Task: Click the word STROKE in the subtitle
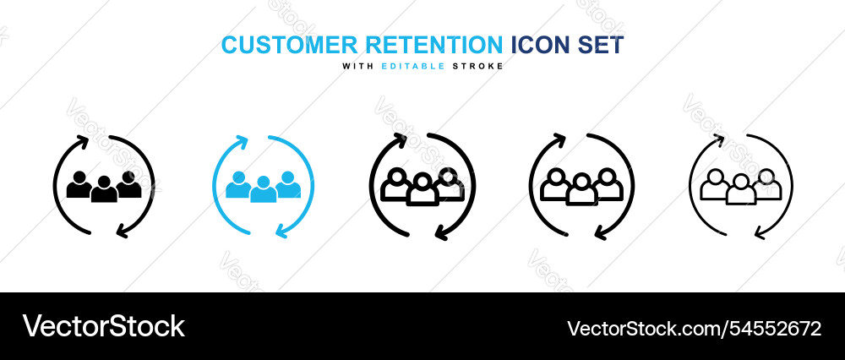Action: click(480, 66)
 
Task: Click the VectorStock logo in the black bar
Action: click(103, 326)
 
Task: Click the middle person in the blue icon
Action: click(263, 190)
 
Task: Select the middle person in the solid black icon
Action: click(104, 190)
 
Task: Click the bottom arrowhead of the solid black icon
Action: click(124, 231)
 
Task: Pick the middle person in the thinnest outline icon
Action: click(741, 190)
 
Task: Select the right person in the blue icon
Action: click(287, 184)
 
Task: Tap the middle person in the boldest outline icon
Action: click(422, 190)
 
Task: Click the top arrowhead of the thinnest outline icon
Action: click(719, 139)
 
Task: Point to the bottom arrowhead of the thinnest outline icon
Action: click(760, 232)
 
